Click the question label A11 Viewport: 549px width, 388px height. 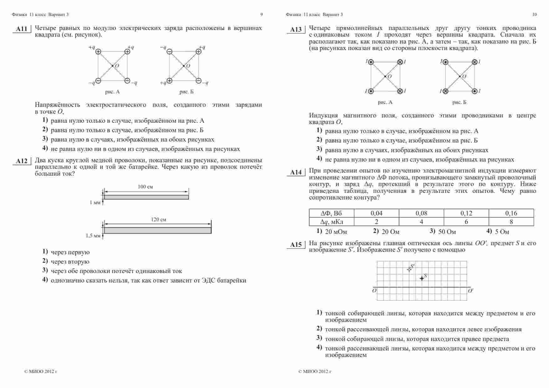click(x=21, y=29)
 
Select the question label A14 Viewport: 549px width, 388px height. click(x=295, y=172)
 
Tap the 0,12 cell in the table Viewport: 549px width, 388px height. click(x=466, y=213)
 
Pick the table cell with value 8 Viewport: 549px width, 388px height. click(x=511, y=222)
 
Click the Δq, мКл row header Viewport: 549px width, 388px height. click(x=331, y=222)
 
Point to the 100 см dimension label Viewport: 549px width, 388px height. click(x=145, y=187)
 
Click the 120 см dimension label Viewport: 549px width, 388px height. click(x=158, y=220)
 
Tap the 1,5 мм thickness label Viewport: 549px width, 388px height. click(x=93, y=236)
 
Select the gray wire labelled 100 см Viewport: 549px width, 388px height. click(x=146, y=197)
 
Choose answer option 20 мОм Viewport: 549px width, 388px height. click(x=336, y=232)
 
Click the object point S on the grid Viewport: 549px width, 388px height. click(x=422, y=278)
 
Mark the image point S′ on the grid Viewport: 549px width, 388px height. click(x=409, y=269)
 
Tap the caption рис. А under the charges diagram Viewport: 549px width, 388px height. click(x=112, y=92)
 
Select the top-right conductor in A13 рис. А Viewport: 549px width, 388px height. click(x=400, y=62)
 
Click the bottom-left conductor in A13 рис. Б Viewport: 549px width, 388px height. click(x=445, y=91)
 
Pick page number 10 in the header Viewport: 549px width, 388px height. click(x=534, y=14)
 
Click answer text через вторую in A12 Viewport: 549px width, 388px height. click(x=70, y=261)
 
